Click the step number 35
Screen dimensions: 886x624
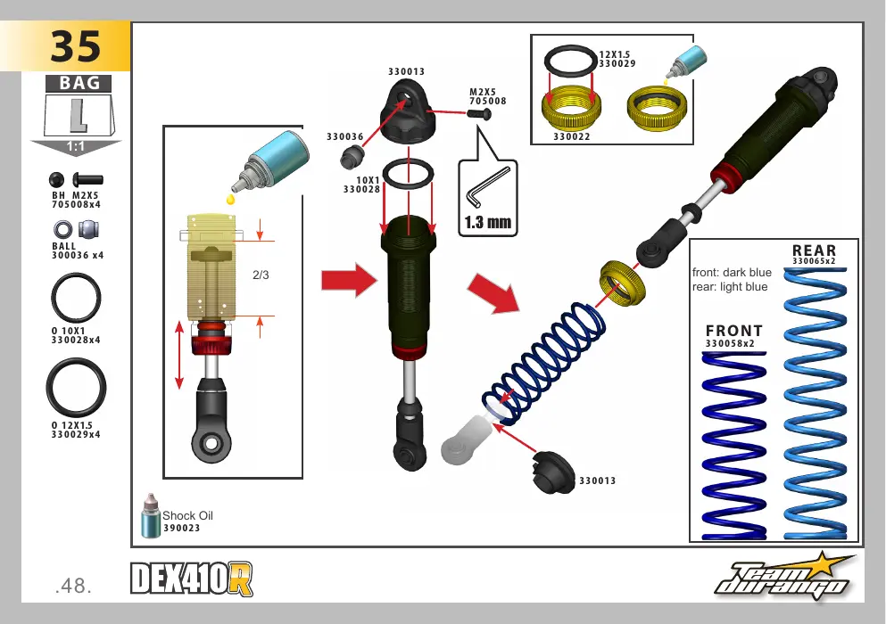[x=76, y=46]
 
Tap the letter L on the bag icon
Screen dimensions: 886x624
[x=79, y=116]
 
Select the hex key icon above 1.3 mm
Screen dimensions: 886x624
[x=488, y=187]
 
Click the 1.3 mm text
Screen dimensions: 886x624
[x=488, y=223]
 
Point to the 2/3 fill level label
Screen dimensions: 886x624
[x=261, y=275]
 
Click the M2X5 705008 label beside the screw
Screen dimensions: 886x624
[x=488, y=96]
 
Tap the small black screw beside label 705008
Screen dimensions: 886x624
[x=479, y=115]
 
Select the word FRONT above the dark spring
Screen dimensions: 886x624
[x=734, y=331]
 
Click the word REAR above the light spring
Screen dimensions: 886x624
[x=814, y=250]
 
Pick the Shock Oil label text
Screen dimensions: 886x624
[x=187, y=515]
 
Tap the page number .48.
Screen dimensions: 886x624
[x=73, y=586]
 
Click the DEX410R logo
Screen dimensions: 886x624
[x=192, y=579]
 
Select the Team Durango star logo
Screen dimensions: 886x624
[x=785, y=577]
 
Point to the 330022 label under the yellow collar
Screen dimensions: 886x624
[x=571, y=136]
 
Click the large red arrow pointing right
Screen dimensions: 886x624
[x=349, y=280]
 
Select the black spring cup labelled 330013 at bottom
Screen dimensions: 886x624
[x=553, y=472]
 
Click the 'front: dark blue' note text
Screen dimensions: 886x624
[x=732, y=272]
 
